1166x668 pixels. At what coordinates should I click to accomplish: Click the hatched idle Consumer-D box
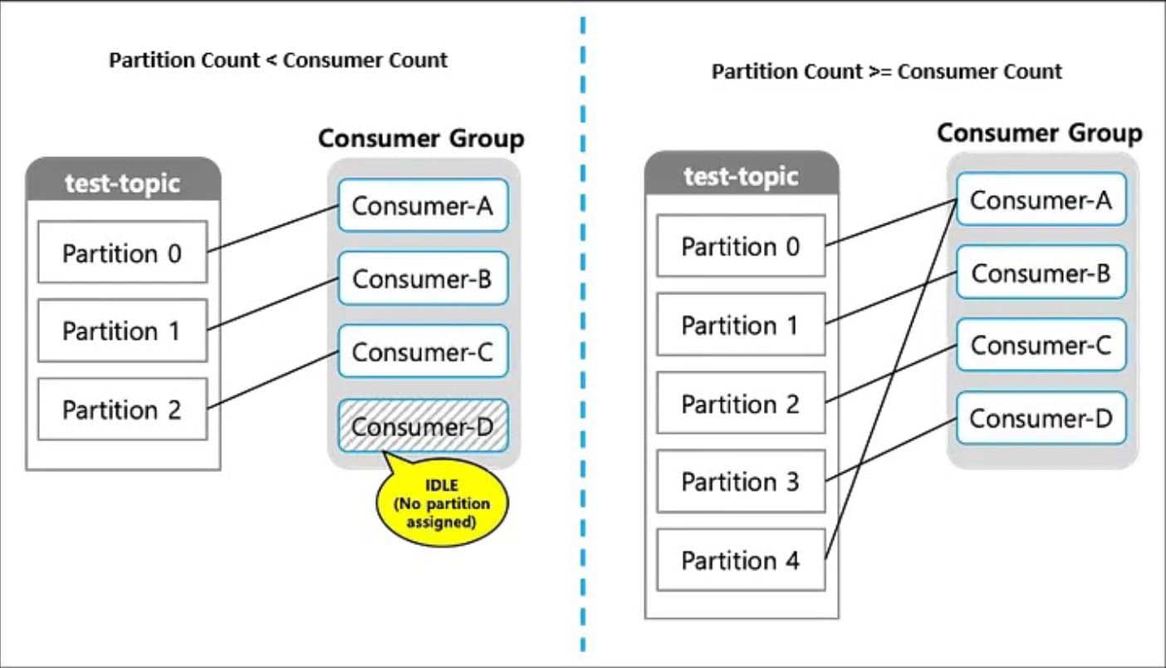(x=422, y=426)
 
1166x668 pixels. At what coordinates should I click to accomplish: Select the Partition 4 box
(x=741, y=560)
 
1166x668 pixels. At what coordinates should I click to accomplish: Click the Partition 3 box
(x=741, y=481)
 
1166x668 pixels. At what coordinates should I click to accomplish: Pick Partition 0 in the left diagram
(x=122, y=252)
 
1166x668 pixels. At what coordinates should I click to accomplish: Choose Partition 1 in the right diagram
(x=741, y=325)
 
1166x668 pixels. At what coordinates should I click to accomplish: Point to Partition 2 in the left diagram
(x=122, y=409)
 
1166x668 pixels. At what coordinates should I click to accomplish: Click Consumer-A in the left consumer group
(x=422, y=205)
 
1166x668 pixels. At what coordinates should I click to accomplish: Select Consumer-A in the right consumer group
(x=1041, y=199)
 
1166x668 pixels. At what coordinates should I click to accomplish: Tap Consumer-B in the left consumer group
(x=422, y=278)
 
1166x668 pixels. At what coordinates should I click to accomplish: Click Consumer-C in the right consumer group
(x=1041, y=345)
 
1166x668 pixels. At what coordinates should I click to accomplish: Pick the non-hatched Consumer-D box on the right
(x=1041, y=418)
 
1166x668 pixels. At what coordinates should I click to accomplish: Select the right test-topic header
(x=741, y=175)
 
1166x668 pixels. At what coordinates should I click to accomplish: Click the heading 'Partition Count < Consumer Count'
(x=278, y=60)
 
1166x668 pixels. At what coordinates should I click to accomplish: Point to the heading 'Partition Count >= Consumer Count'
(x=886, y=71)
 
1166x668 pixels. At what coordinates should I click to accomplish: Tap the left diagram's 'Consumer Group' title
(x=421, y=138)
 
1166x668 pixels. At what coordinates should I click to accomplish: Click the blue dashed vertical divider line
(x=583, y=332)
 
